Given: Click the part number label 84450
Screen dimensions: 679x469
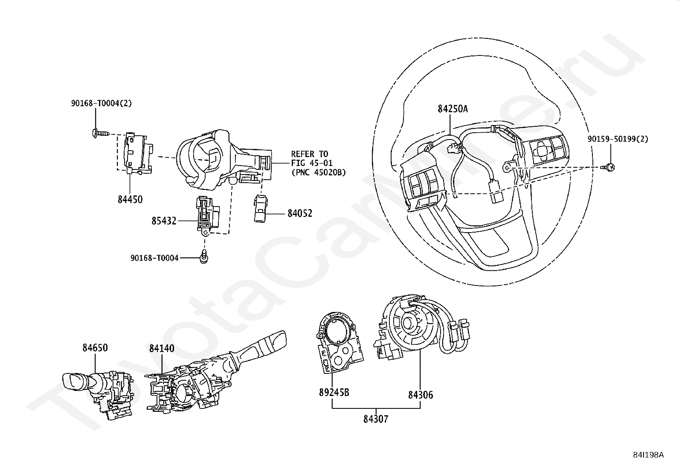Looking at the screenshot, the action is click(130, 199).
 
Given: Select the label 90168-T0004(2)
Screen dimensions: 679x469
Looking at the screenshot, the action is click(102, 103).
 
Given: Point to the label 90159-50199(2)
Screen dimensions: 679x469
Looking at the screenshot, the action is click(618, 139).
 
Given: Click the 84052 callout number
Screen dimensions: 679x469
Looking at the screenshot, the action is click(300, 213).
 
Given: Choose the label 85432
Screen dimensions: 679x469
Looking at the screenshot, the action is click(164, 221).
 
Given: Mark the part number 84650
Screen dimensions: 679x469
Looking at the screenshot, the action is click(95, 348).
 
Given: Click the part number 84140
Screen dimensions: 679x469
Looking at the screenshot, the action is click(162, 349).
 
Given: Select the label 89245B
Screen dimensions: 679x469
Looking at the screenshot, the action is click(334, 393).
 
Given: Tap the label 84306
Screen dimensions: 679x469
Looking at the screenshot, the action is click(421, 395).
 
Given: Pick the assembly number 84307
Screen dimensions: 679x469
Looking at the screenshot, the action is click(376, 419).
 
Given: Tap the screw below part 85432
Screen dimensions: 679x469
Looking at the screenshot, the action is click(205, 256).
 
